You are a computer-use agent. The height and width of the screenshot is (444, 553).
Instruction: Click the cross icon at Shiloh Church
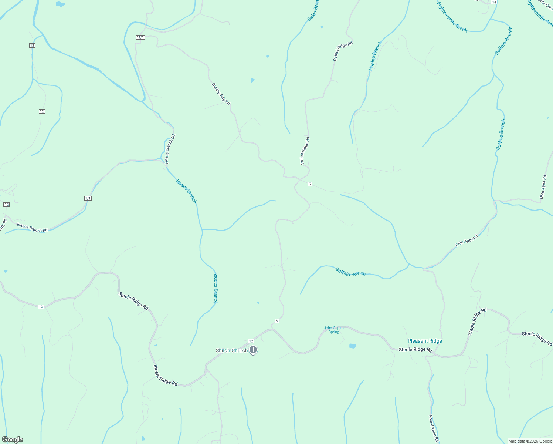coord(253,350)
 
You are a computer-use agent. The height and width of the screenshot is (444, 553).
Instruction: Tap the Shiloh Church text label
coord(232,350)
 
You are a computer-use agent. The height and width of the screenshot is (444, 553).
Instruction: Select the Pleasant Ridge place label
coord(425,341)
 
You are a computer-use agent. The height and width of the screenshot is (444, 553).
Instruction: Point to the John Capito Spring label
coord(334,330)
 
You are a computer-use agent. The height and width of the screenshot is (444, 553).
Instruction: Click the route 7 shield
coord(310,184)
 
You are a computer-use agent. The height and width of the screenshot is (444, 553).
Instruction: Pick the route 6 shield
coord(276,321)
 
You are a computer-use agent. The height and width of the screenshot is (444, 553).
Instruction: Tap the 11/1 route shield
coord(140,37)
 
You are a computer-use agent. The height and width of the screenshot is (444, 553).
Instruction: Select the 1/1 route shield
coord(88,198)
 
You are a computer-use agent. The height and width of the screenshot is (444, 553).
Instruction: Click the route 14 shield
coord(494,2)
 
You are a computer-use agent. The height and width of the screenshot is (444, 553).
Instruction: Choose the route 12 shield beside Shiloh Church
coord(251,341)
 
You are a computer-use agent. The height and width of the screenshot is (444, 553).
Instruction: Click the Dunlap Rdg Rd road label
coord(221,94)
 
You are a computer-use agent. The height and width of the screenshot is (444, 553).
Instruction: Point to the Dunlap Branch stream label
coord(375,56)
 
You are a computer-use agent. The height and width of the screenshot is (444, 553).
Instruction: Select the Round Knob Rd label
coord(434,428)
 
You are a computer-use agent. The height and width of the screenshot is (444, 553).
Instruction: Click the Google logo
coord(13,440)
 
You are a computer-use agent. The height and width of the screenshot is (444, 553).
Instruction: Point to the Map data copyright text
coord(530,441)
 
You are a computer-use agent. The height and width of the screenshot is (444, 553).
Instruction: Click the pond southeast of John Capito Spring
coord(353,346)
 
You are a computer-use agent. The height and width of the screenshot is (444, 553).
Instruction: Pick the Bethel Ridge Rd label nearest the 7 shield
coord(305,151)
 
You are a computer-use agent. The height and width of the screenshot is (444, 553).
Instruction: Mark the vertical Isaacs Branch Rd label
coord(170,149)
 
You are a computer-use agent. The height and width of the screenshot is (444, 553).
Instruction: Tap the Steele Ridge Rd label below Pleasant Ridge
coord(415,349)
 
